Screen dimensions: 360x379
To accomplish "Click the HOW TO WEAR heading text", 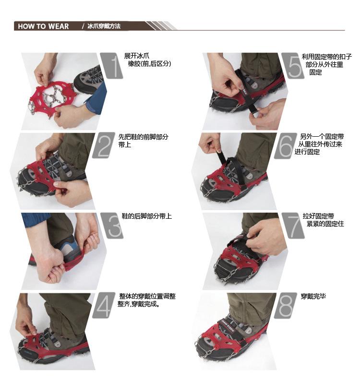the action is click(43, 26).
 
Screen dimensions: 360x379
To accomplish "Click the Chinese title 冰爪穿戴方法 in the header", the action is click(104, 26).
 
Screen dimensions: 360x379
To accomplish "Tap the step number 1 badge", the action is click(111, 66).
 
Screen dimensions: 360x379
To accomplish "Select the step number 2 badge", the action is click(104, 145).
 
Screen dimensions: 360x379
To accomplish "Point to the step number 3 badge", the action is click(112, 225).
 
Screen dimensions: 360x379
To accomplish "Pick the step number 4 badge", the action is click(104, 305).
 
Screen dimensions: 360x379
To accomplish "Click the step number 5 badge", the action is click(293, 66).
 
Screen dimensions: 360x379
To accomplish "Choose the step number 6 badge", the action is click(285, 145).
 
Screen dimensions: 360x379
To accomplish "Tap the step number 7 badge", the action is click(293, 225).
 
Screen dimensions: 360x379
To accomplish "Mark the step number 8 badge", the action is click(285, 306).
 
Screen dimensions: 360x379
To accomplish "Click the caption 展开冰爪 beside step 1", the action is click(137, 56).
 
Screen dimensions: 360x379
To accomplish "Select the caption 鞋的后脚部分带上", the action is click(147, 216).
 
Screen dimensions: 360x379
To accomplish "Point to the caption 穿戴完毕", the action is click(313, 296).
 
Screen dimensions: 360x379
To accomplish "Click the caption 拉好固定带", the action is click(318, 216).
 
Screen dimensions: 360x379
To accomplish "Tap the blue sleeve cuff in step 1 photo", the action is click(96, 100).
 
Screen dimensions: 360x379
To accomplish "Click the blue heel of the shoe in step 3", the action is click(70, 247).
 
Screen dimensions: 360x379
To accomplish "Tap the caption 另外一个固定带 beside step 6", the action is click(322, 137).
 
